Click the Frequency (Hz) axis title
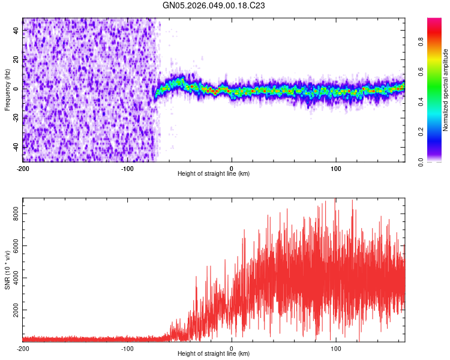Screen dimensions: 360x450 coord(7,89)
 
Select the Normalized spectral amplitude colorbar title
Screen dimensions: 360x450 coord(446,89)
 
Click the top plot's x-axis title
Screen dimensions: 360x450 coord(214,173)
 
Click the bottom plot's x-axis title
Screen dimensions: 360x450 coord(214,353)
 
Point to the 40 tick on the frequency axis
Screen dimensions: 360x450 coord(16,30)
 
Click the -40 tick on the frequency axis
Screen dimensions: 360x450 coord(16,148)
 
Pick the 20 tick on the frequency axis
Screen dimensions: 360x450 coord(16,59)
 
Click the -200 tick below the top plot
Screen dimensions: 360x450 coord(23,168)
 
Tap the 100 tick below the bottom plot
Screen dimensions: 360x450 coord(337,348)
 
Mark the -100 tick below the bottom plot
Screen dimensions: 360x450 coord(127,348)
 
